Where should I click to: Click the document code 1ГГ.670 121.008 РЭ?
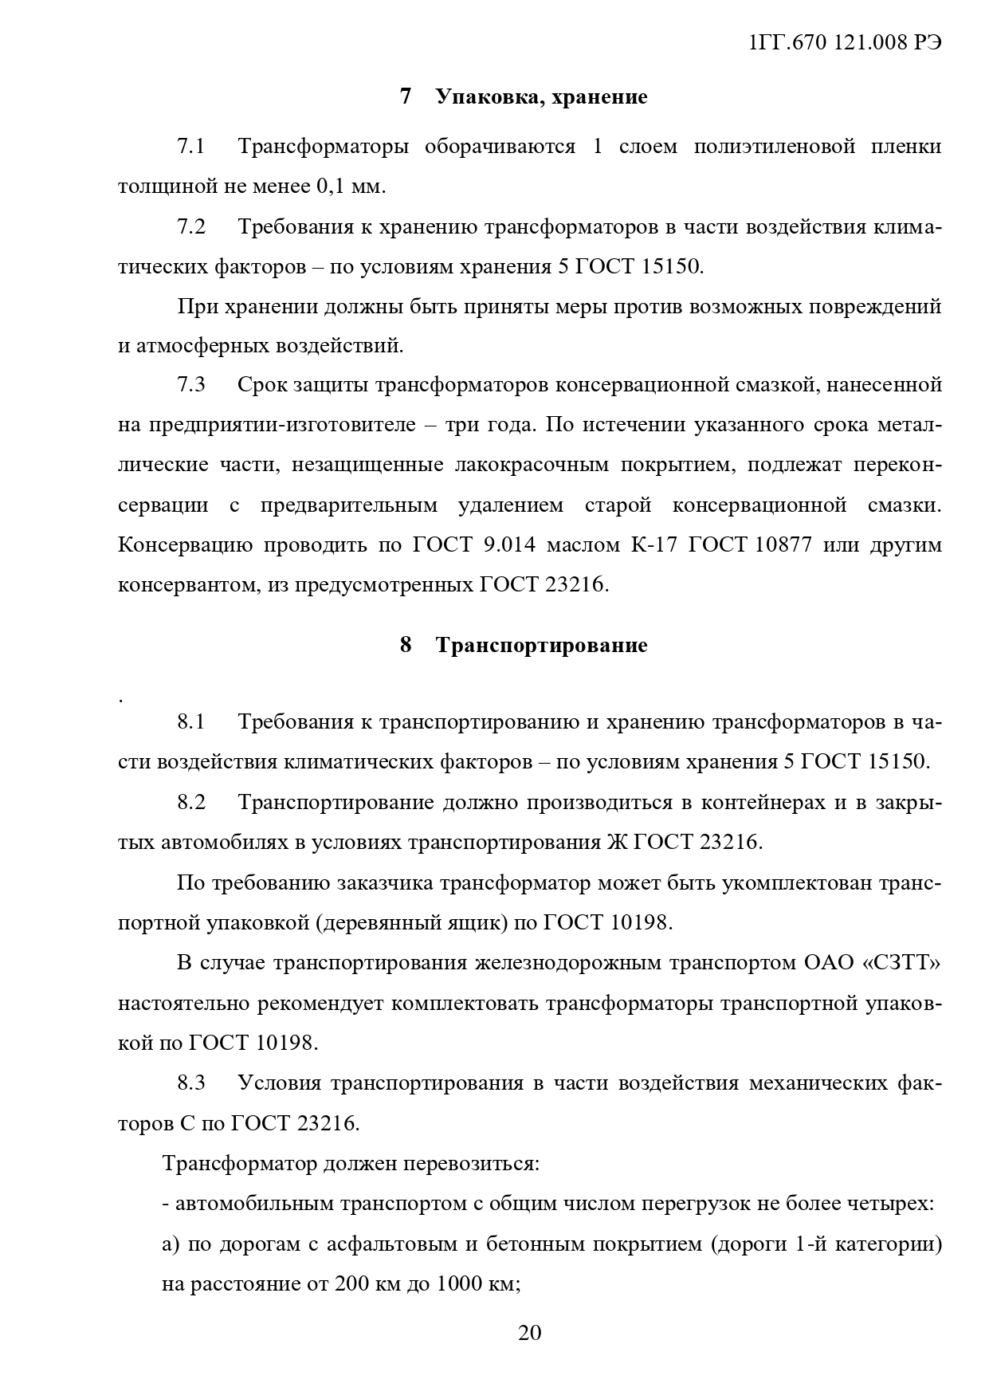pyautogui.click(x=845, y=44)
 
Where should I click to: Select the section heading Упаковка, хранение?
pyautogui.click(x=541, y=97)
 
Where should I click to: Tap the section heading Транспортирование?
pyautogui.click(x=541, y=645)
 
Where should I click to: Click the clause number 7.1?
pyautogui.click(x=191, y=147)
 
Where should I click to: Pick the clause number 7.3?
pyautogui.click(x=191, y=385)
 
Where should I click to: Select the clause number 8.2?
pyautogui.click(x=191, y=802)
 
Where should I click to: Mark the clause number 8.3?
pyautogui.click(x=191, y=1083)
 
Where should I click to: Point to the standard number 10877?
pyautogui.click(x=780, y=545)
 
